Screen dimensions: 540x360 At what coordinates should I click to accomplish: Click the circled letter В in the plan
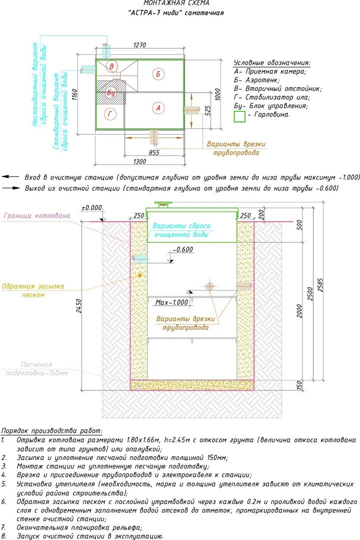click(x=112, y=66)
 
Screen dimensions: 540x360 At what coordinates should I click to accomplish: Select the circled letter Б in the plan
click(x=158, y=74)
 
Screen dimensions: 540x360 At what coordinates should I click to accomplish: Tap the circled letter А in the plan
click(x=158, y=107)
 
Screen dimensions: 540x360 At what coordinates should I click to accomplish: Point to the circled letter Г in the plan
click(x=110, y=114)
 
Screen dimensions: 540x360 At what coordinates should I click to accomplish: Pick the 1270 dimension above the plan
click(x=139, y=45)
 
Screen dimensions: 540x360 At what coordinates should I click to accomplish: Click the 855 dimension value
click(x=154, y=152)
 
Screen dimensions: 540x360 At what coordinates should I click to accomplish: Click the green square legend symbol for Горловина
click(x=240, y=116)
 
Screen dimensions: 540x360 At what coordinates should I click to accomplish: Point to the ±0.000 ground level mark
click(x=91, y=207)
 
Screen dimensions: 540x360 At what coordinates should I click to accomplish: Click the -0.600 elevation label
click(x=181, y=250)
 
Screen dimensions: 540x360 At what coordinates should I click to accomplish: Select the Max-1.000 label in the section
click(x=172, y=302)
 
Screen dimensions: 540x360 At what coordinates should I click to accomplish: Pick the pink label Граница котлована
click(x=36, y=216)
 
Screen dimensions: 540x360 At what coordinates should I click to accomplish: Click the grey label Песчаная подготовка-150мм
click(x=36, y=368)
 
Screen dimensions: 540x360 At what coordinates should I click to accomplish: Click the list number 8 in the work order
click(x=3, y=535)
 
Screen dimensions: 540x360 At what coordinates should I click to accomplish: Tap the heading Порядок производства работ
click(x=51, y=430)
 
